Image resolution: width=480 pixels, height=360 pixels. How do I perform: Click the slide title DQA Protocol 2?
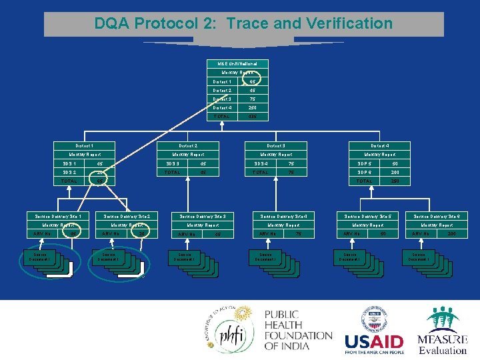tap(243, 24)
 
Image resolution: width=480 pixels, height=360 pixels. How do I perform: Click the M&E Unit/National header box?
tap(238, 63)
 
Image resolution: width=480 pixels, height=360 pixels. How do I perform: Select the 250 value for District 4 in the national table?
tap(253, 107)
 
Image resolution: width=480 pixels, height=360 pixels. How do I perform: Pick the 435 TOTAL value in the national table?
tap(253, 116)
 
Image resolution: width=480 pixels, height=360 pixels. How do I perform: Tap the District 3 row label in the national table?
tap(222, 99)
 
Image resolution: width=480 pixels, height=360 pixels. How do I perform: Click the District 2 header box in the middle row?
tap(188, 145)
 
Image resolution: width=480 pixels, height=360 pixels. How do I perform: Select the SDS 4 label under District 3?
tap(261, 163)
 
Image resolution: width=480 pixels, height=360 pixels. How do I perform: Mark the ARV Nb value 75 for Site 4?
tap(299, 234)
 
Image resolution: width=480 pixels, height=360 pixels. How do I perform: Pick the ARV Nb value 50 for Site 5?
tap(383, 234)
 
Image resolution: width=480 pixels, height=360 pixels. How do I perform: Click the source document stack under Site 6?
tap(427, 263)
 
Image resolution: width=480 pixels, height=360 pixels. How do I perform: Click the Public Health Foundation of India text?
tap(297, 331)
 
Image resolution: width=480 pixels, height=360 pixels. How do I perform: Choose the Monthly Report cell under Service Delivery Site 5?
tap(364, 225)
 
